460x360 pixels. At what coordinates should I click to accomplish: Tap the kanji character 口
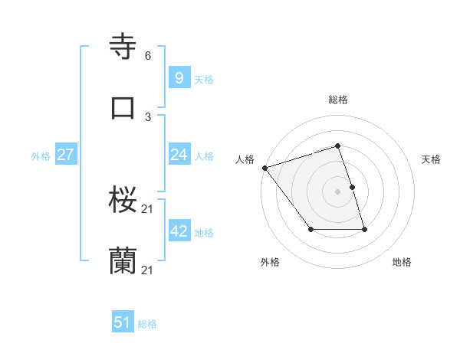coord(123,107)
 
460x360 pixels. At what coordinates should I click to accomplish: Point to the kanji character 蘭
coord(123,261)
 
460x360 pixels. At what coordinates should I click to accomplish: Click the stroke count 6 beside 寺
coord(148,56)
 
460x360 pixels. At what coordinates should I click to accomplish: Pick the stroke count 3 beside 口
coord(148,116)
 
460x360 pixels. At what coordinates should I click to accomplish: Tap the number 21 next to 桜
coord(148,209)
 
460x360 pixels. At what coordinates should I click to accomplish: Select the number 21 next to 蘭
coord(148,270)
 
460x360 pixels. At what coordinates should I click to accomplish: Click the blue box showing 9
coord(179,77)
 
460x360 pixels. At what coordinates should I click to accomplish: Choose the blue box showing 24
coord(179,155)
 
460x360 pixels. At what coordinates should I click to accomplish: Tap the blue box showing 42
coord(179,231)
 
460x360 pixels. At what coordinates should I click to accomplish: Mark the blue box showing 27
coord(65,155)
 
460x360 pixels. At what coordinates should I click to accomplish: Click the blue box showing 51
coord(122,322)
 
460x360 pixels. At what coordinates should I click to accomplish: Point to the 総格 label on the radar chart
coord(338,100)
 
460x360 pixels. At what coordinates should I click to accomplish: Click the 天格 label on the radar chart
coord(432,159)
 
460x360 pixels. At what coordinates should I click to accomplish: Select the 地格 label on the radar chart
coord(402,262)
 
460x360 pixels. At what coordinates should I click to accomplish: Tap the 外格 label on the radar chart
coord(270,262)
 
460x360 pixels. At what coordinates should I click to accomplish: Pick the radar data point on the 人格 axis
coord(264,168)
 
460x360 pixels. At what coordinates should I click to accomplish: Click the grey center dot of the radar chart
coord(338,191)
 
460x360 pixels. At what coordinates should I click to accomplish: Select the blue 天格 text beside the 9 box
coord(204,79)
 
